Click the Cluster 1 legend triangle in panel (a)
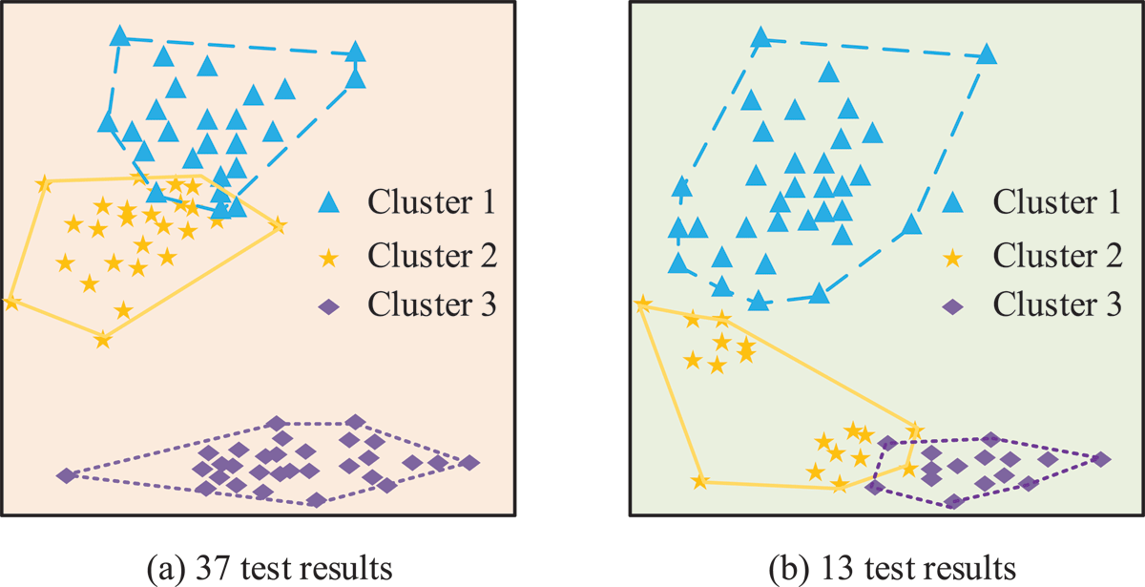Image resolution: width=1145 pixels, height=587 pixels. pyautogui.click(x=328, y=202)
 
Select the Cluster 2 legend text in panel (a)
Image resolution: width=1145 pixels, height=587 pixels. pyautogui.click(x=432, y=255)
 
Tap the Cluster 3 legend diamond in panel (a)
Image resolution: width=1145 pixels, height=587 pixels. pyautogui.click(x=328, y=306)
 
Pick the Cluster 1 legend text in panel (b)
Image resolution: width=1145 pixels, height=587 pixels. pyautogui.click(x=1056, y=201)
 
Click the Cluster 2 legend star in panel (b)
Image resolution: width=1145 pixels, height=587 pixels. pyautogui.click(x=953, y=258)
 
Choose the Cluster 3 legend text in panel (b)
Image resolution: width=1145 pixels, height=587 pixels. pyautogui.click(x=1057, y=304)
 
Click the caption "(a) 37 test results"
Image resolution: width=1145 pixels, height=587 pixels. pyautogui.click(x=269, y=569)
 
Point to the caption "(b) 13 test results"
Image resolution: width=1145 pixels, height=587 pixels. pyautogui.click(x=892, y=569)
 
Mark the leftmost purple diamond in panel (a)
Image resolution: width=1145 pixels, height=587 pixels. pyautogui.click(x=67, y=475)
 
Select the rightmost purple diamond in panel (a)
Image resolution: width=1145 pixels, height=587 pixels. pyautogui.click(x=468, y=463)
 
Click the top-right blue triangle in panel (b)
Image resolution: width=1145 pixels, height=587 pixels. pyautogui.click(x=986, y=53)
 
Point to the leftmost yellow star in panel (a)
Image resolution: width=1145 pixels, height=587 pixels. pyautogui.click(x=11, y=303)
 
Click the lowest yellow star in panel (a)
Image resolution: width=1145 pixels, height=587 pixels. pyautogui.click(x=103, y=339)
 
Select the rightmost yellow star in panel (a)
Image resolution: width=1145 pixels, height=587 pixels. pyautogui.click(x=278, y=224)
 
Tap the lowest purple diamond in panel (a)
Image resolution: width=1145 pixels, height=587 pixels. pyautogui.click(x=317, y=499)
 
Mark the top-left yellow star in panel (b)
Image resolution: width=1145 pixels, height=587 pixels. pyautogui.click(x=642, y=304)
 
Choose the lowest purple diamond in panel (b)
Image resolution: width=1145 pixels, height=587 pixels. pyautogui.click(x=953, y=502)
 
